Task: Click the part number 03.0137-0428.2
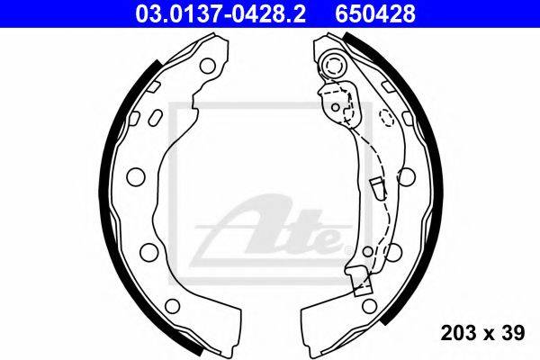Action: click(220, 13)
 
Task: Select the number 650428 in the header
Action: click(375, 13)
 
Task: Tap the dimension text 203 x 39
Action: click(482, 333)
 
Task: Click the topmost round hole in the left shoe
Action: click(208, 66)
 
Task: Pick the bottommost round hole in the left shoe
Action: click(172, 306)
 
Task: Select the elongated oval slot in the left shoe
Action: click(156, 118)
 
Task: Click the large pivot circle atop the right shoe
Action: click(333, 65)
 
